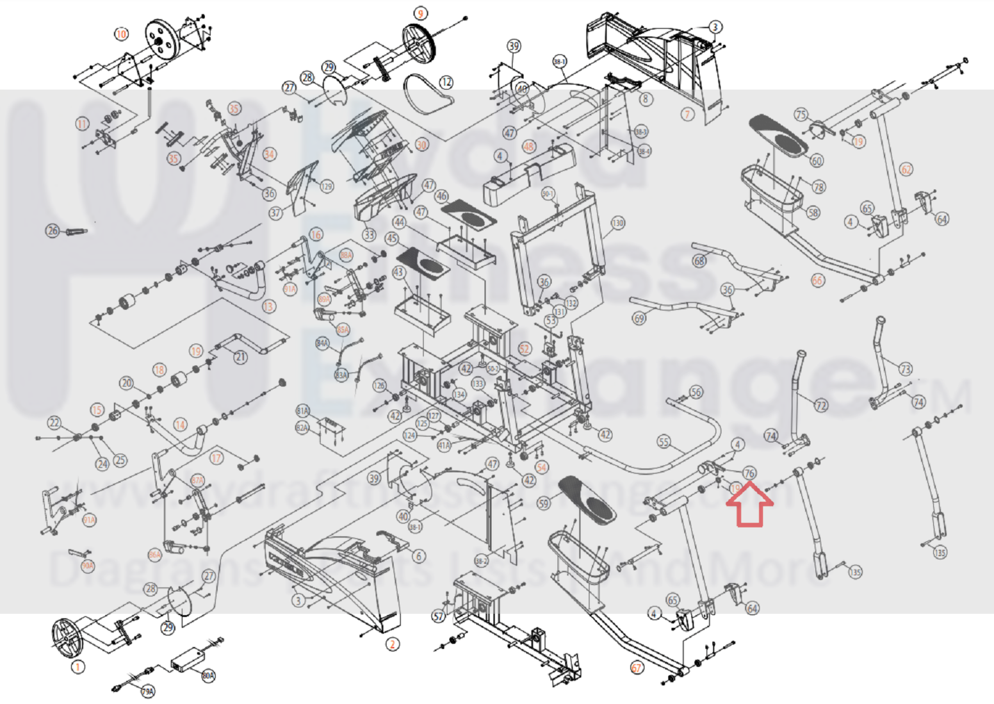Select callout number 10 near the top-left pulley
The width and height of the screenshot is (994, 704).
(x=121, y=33)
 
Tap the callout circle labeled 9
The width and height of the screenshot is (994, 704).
(x=420, y=13)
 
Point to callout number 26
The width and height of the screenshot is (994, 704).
(x=53, y=231)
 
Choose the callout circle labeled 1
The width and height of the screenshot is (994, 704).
(x=77, y=667)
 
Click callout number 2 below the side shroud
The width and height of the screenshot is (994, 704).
(x=393, y=644)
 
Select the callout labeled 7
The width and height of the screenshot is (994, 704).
(x=687, y=114)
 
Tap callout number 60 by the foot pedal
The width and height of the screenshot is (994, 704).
(x=817, y=160)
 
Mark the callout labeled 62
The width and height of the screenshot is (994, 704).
(x=906, y=169)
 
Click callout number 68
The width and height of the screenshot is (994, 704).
(x=699, y=260)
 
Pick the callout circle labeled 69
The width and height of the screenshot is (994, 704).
(x=639, y=318)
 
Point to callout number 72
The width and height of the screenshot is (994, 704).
(x=821, y=405)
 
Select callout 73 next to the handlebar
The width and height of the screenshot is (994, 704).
(x=905, y=369)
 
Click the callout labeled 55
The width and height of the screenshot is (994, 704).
(x=664, y=442)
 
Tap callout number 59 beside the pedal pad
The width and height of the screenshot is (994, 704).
(x=544, y=503)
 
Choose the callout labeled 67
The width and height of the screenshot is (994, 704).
(x=636, y=667)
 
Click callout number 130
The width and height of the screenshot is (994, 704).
(x=617, y=223)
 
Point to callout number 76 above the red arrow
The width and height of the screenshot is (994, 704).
(x=749, y=473)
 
